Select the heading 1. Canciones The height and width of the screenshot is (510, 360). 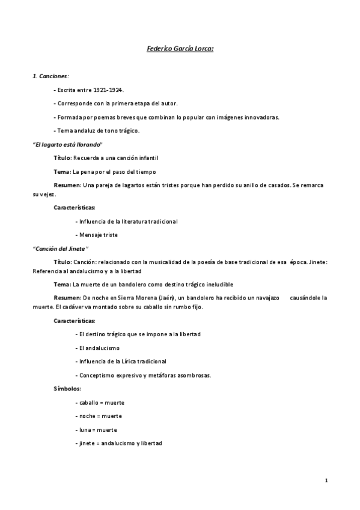pyautogui.click(x=50, y=76)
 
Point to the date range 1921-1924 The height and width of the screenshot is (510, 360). pyautogui.click(x=108, y=90)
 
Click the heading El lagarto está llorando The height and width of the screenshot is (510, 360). pyautogui.click(x=67, y=144)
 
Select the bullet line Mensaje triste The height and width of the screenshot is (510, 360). pyautogui.click(x=96, y=235)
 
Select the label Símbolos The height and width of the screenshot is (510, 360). pyautogui.click(x=67, y=389)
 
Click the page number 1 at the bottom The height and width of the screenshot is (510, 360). pyautogui.click(x=325, y=480)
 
